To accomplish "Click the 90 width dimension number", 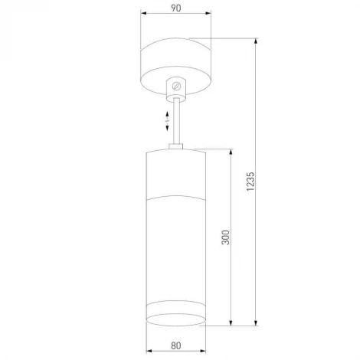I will pos(176,8).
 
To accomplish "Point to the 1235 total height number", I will pos(252,181).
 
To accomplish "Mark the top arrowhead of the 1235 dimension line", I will pos(259,40).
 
